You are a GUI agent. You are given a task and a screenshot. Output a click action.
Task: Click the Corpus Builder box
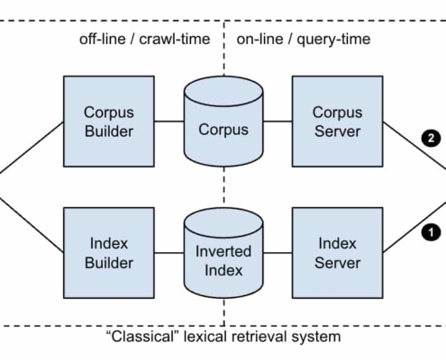(109, 121)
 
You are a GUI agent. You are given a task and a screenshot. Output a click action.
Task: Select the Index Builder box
(109, 253)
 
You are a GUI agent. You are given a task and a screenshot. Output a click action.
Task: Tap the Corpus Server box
(338, 121)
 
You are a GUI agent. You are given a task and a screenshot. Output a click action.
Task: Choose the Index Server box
(338, 253)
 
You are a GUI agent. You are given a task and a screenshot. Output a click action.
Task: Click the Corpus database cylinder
(223, 121)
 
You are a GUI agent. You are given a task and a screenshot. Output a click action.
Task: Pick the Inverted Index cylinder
(223, 253)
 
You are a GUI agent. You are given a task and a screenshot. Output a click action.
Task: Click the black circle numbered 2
(431, 139)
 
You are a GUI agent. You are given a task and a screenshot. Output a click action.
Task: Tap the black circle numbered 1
(431, 232)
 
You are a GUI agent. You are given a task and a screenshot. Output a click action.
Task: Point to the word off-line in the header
(103, 40)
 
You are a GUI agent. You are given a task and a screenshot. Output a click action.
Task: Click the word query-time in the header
(333, 40)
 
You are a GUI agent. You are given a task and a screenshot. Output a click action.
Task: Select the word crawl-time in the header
(175, 40)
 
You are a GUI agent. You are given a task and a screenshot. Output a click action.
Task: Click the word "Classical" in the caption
(141, 337)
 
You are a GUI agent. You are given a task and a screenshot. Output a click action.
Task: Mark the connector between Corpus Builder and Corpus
(169, 121)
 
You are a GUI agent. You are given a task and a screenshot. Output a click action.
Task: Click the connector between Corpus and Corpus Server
(278, 121)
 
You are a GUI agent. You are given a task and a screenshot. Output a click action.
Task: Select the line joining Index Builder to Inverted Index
(169, 253)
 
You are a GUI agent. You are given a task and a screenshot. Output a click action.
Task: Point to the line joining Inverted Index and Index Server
(278, 253)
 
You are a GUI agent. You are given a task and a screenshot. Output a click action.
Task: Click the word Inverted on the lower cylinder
(223, 251)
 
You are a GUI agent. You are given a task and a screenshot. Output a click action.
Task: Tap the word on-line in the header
(259, 40)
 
